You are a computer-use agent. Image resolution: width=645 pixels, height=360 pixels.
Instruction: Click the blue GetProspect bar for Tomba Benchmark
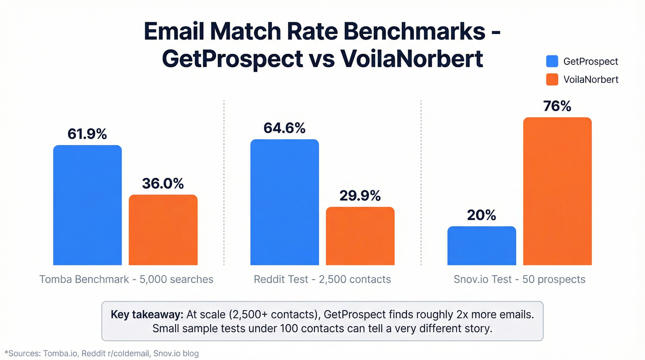point(88,205)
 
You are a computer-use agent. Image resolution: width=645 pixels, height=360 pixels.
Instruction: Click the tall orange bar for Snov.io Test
point(557,191)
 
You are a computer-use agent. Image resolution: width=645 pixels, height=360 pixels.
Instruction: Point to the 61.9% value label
point(87,134)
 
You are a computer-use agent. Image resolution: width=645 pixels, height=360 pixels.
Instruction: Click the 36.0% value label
point(163,183)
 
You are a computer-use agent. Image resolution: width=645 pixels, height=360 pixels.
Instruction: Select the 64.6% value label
point(284,128)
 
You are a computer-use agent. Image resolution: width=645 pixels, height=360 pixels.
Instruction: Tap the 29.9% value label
point(360,195)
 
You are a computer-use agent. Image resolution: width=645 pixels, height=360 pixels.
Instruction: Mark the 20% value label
point(481,215)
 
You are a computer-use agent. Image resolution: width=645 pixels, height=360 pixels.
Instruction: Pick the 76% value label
point(557,106)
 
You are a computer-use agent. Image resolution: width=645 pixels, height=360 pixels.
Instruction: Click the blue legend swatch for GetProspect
point(552,61)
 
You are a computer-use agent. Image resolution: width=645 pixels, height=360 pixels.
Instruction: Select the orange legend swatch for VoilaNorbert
point(552,79)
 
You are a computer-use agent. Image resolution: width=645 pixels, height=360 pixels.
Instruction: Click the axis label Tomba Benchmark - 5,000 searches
point(126,279)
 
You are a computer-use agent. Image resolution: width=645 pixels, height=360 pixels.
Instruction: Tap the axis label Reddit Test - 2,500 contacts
point(322,279)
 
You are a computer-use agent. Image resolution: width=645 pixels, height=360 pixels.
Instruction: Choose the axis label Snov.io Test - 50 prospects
point(519,279)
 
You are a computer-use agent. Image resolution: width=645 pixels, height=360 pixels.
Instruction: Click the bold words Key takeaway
point(147,315)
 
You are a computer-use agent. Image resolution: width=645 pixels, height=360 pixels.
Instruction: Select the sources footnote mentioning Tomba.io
point(101,354)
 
